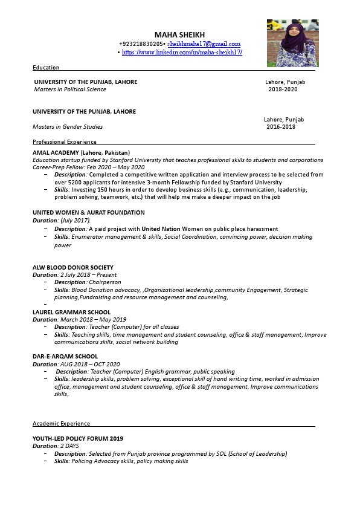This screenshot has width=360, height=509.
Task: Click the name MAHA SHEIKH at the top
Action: [x=179, y=34]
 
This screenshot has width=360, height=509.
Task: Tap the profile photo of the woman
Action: [x=293, y=42]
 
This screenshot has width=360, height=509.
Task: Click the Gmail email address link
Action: [x=204, y=44]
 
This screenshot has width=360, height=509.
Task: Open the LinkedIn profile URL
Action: [x=182, y=53]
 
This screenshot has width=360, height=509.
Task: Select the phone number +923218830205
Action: [x=141, y=44]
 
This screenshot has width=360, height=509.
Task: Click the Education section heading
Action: [x=46, y=68]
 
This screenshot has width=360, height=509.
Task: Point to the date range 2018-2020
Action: [x=283, y=89]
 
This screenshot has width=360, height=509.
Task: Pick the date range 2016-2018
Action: [x=281, y=127]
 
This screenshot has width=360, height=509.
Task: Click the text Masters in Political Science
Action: [x=70, y=89]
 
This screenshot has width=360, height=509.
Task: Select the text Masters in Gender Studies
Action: [x=68, y=127]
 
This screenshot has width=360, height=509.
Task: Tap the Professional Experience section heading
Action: [x=65, y=142]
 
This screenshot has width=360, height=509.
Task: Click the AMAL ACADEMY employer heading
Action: [x=81, y=152]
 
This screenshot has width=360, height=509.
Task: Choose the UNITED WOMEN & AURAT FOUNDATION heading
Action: [x=89, y=213]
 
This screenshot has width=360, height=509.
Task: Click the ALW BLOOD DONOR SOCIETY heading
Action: [x=73, y=267]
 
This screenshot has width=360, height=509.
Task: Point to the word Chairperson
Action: [x=105, y=282]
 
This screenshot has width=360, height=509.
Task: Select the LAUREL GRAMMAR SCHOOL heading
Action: [x=71, y=312]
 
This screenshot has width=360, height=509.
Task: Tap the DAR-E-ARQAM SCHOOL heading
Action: [x=65, y=357]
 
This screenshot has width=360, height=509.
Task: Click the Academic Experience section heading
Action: [x=61, y=424]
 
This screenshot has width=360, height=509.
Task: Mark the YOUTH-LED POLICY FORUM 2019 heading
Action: [x=78, y=438]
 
